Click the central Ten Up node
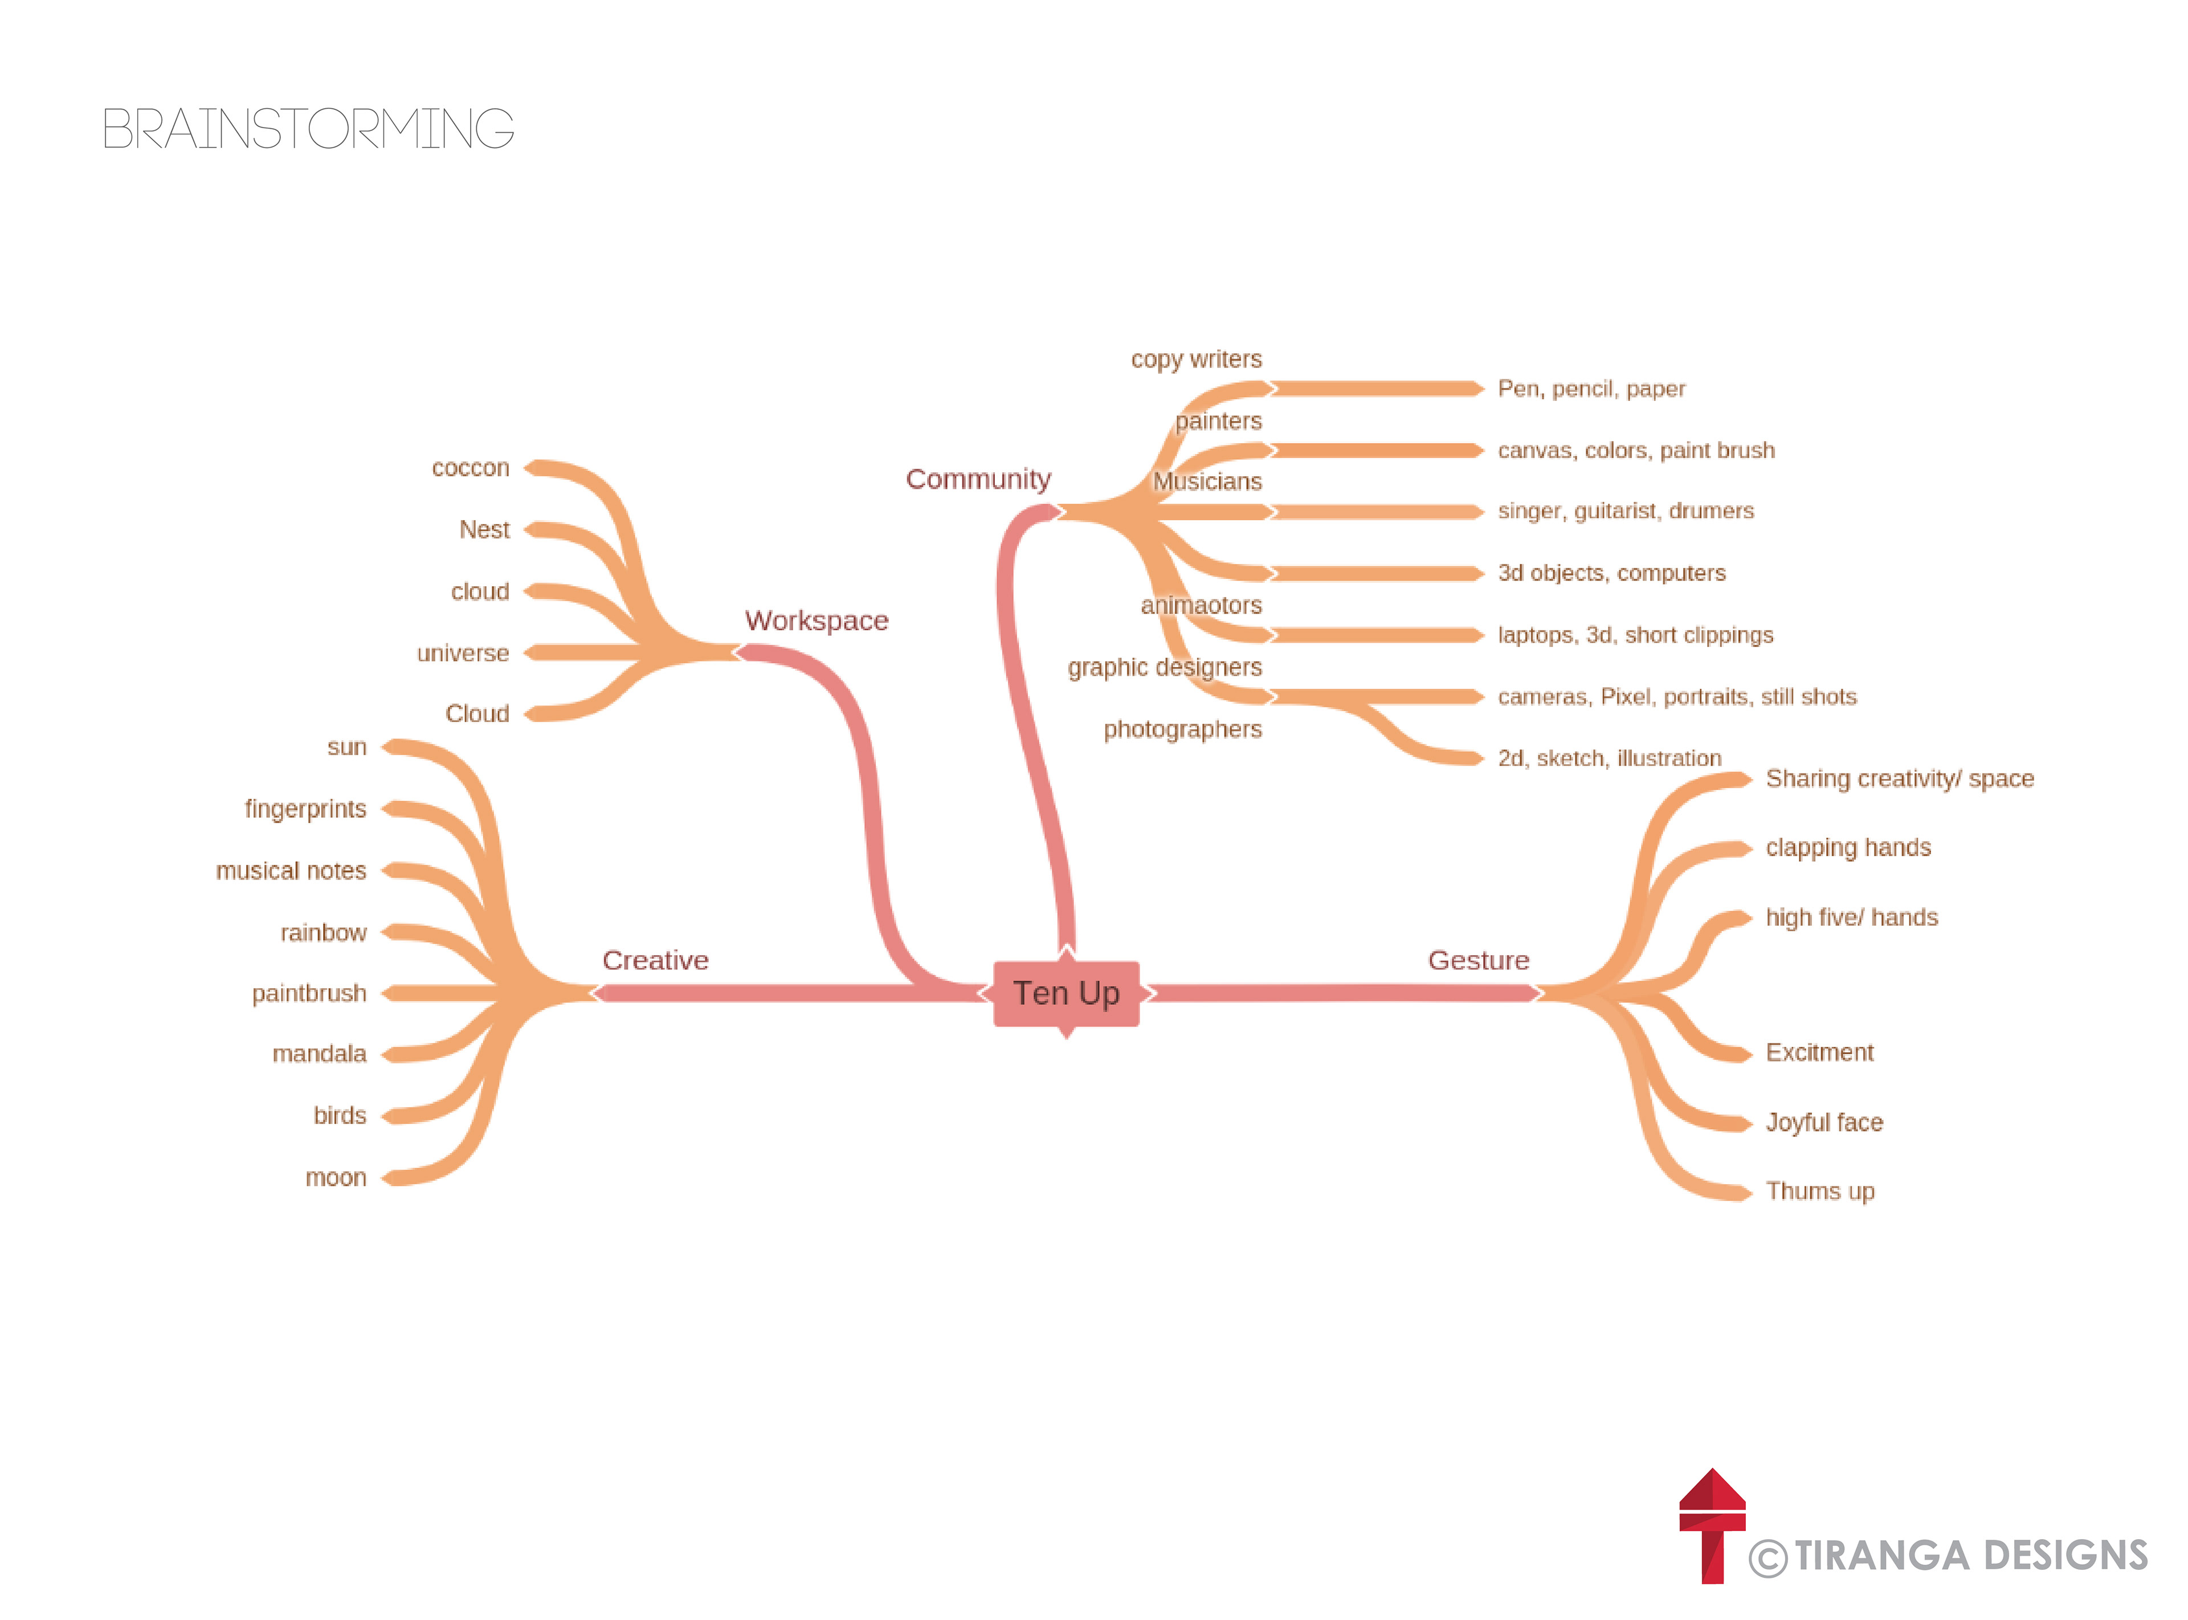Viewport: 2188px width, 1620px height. point(1066,993)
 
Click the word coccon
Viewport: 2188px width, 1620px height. point(471,468)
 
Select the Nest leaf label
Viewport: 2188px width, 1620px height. point(484,530)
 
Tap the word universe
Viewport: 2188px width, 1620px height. point(463,653)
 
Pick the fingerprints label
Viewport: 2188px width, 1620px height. point(305,809)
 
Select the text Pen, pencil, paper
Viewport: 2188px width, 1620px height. point(1591,389)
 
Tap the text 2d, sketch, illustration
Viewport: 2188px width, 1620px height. point(1609,758)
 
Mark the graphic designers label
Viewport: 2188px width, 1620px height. point(1164,667)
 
